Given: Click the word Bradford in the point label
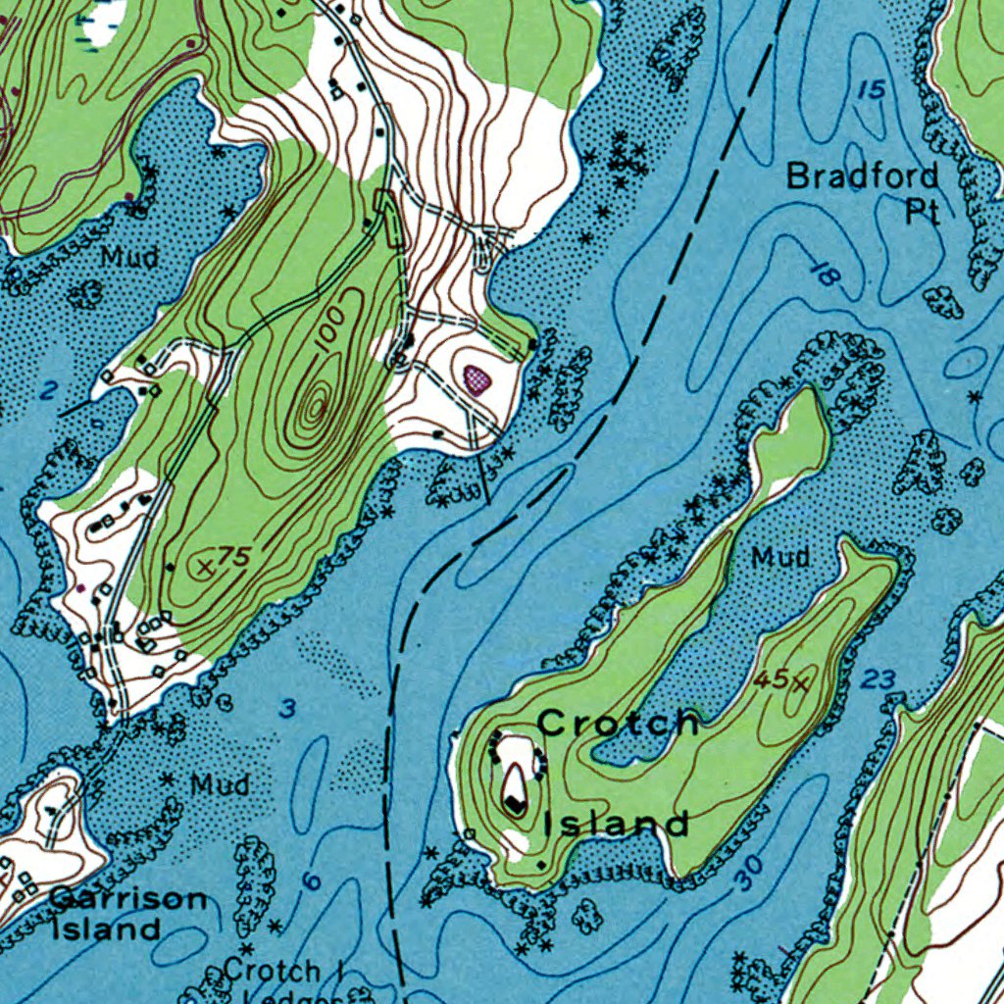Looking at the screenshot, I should [x=863, y=177].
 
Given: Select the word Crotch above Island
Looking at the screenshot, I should [x=619, y=724].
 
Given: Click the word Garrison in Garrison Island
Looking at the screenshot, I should [x=128, y=898].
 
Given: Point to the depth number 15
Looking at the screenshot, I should [x=871, y=90].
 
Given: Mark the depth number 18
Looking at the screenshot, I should [x=827, y=276].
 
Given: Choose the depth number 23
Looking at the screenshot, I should [x=881, y=678].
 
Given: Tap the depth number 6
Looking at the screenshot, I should [x=312, y=881].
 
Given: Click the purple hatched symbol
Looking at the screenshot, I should [x=477, y=377].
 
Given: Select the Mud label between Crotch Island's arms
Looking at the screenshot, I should [x=780, y=558].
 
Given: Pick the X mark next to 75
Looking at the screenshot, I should [x=205, y=566].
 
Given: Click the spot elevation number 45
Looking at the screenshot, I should [x=772, y=678].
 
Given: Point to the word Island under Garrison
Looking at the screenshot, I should [x=105, y=929].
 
